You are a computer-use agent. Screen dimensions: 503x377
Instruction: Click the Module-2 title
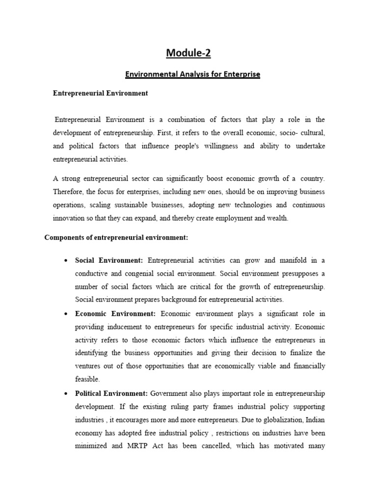point(188,53)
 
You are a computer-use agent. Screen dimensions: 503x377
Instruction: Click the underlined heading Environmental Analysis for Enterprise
point(192,74)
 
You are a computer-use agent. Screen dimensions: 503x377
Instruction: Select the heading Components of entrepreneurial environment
point(116,238)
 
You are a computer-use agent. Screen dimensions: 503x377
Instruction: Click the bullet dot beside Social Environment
point(65,260)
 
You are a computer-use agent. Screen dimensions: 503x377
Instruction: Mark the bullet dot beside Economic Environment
point(65,313)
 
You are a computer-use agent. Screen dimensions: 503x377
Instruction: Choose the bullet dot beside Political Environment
point(65,393)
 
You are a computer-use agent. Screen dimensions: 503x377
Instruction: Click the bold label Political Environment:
point(111,393)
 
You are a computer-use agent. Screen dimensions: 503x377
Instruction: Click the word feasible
point(88,379)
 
